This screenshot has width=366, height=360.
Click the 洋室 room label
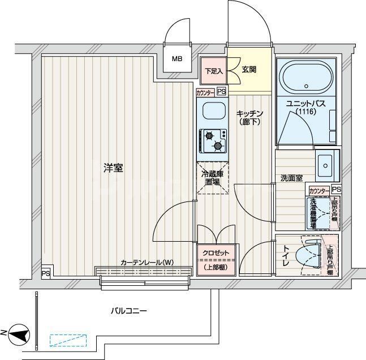point(113,168)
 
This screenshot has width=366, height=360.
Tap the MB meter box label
point(177,58)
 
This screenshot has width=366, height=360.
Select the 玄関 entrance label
point(249,70)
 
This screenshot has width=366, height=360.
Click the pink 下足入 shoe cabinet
point(214,71)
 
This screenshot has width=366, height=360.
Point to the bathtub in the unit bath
point(306,78)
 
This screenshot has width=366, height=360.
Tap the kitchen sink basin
point(212,112)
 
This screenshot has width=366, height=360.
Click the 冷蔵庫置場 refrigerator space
point(213,178)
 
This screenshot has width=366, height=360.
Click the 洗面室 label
point(291,178)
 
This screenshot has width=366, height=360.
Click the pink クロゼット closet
point(213,259)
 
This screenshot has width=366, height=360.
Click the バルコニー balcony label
point(128,311)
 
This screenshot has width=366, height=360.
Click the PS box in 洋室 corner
point(45,273)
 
